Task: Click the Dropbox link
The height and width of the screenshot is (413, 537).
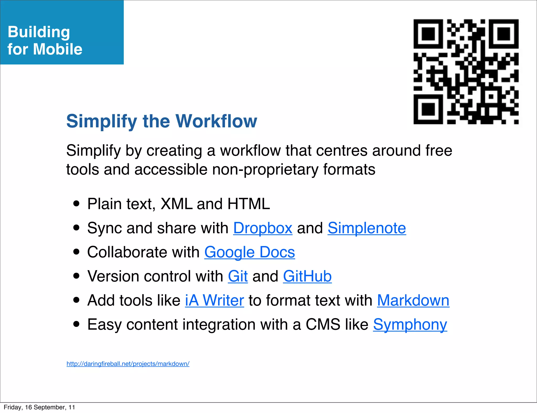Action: [x=263, y=228]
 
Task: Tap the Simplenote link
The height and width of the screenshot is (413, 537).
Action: [x=367, y=228]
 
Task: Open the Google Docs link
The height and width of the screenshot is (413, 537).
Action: [x=250, y=252]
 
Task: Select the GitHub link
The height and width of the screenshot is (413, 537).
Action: [x=307, y=276]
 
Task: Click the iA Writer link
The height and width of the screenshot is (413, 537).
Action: [x=214, y=300]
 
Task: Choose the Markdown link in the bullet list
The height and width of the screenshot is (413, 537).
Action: [x=413, y=300]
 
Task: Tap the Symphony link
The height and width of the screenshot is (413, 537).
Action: [x=410, y=324]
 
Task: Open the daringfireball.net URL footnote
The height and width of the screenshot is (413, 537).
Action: [x=128, y=364]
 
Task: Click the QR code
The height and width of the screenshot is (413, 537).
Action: [x=466, y=72]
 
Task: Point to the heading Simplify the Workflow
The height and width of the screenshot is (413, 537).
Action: [x=162, y=121]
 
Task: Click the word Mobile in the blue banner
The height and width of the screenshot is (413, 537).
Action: [x=58, y=49]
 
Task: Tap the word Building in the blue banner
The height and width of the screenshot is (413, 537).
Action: [x=39, y=32]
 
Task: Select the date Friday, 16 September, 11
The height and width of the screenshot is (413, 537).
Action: [x=39, y=407]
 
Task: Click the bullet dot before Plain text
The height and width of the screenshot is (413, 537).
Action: [x=77, y=204]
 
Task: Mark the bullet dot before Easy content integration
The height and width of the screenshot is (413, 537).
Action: [x=77, y=324]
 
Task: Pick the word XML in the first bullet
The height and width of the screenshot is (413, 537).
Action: [x=176, y=204]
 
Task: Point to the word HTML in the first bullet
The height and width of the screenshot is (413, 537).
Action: [x=249, y=204]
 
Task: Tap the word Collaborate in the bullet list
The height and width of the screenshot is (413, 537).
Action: [x=127, y=252]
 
